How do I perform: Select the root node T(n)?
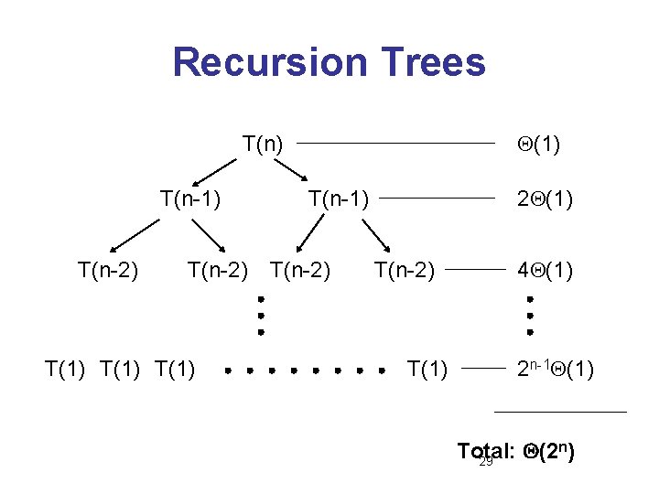[263, 144]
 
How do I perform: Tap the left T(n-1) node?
[190, 198]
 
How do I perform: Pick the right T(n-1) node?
[339, 198]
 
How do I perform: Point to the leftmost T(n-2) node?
[108, 270]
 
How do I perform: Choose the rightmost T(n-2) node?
[405, 270]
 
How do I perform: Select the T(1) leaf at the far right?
[427, 370]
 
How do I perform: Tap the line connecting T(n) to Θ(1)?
[394, 144]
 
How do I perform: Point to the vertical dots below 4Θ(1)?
[531, 314]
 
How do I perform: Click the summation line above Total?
[560, 411]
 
